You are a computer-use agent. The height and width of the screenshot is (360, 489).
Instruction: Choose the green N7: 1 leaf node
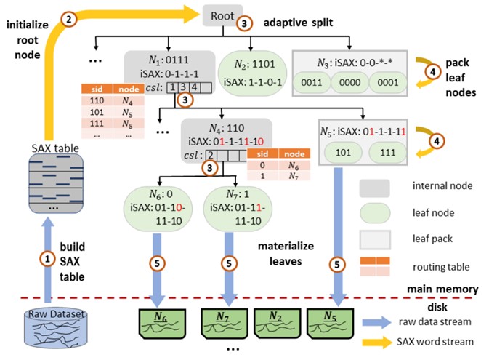click(232, 208)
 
